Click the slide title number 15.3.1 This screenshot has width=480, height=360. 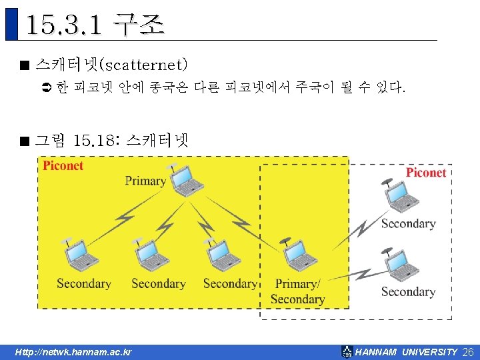64,26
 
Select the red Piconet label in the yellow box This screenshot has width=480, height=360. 63,166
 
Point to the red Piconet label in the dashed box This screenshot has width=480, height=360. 426,173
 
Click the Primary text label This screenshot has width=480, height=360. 145,181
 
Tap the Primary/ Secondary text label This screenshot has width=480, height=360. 298,291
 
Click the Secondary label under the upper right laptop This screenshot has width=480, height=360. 408,223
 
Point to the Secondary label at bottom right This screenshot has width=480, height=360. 408,291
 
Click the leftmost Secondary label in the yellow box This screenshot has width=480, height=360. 84,284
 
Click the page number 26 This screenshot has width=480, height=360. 467,352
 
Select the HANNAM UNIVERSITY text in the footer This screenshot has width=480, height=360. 407,352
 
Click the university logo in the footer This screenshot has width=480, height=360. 347,351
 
